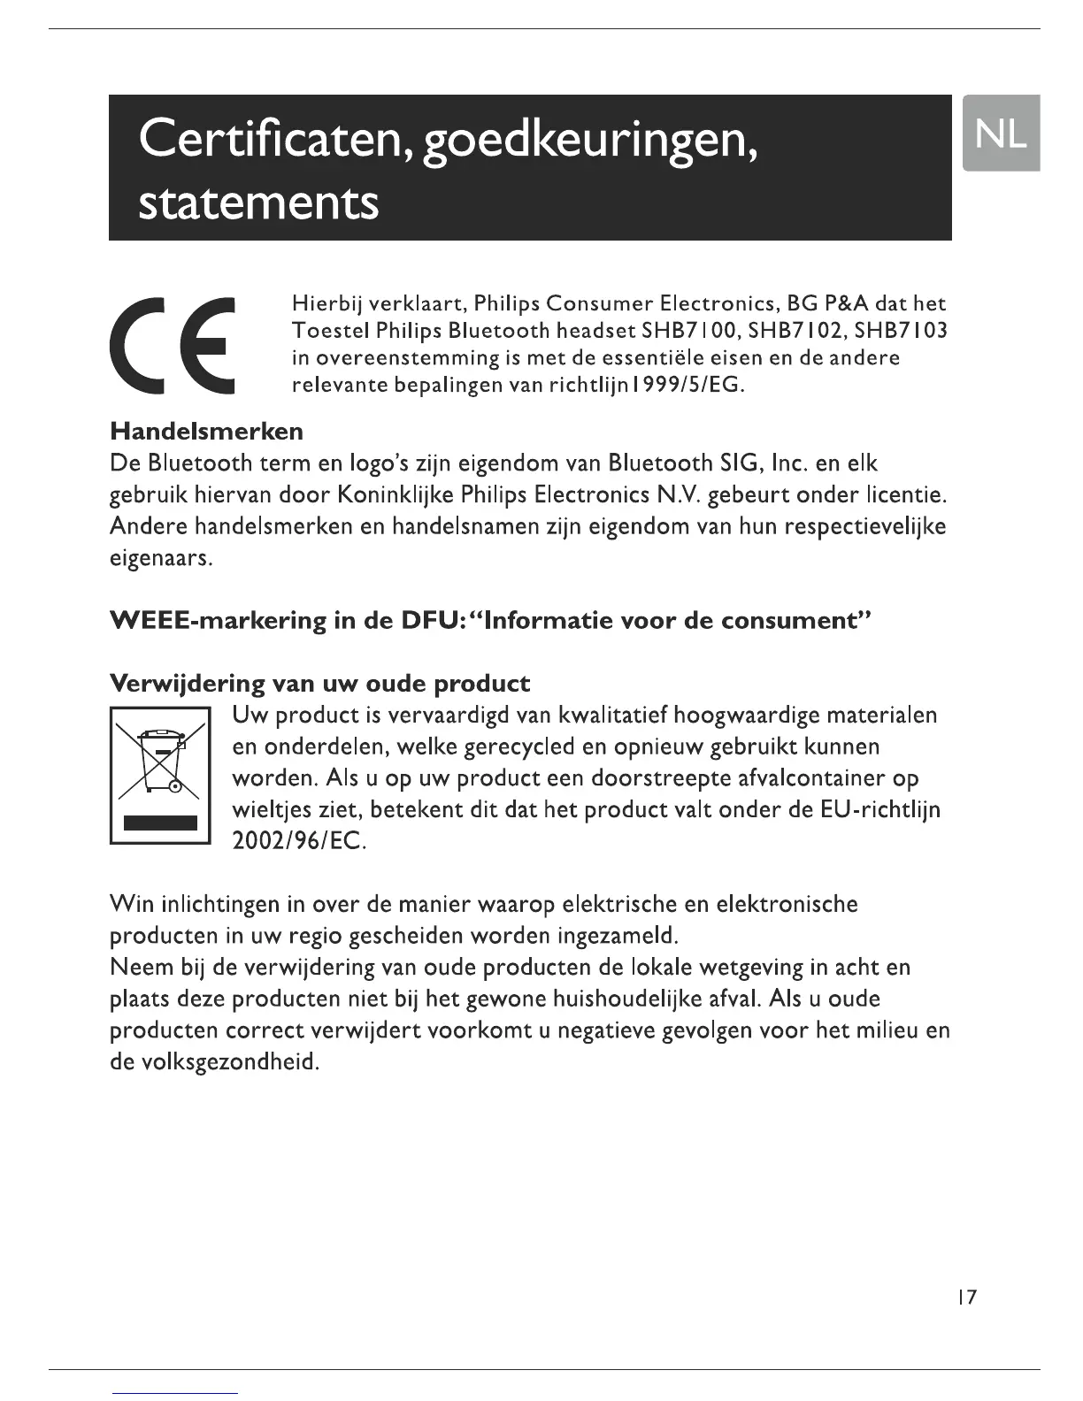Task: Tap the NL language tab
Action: point(1001,133)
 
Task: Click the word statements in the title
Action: point(258,203)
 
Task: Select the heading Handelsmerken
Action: point(206,432)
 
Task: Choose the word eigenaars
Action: point(160,559)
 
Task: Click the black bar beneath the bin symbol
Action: point(160,823)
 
